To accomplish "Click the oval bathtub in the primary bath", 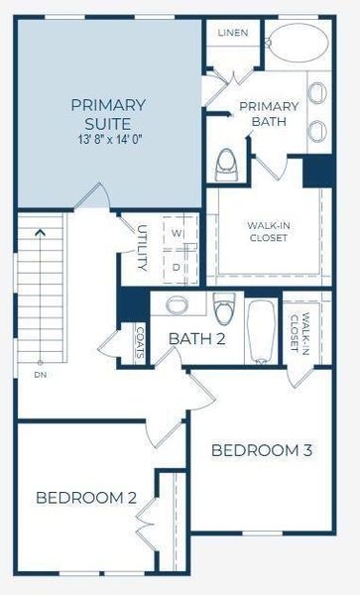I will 299,44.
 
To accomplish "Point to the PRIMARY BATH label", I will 269,114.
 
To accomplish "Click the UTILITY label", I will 142,248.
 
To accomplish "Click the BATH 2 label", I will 196,339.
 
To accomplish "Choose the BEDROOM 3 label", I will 262,450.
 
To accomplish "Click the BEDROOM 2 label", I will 85,497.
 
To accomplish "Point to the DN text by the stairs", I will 40,376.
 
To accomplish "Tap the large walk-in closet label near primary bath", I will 269,231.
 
